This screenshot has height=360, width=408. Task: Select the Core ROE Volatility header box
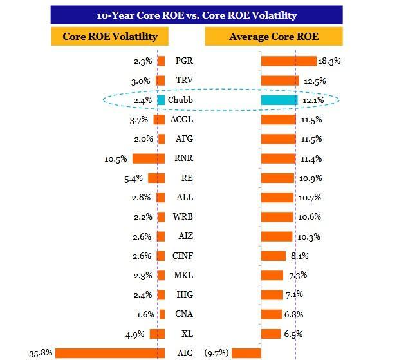point(110,37)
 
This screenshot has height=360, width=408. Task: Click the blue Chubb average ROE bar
point(279,100)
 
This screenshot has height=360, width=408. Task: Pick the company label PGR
point(183,61)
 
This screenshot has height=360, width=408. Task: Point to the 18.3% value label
point(329,61)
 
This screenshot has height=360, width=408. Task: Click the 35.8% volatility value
point(40,353)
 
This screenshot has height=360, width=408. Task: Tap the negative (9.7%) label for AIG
point(216,353)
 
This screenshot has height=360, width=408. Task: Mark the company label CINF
point(183,256)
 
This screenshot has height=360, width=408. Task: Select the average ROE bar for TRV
point(280,81)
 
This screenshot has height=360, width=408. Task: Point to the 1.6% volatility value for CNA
point(145,314)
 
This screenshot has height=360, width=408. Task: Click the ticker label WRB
point(183,217)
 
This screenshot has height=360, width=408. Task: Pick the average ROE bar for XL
point(271,334)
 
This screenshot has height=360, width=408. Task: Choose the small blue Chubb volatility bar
point(161,100)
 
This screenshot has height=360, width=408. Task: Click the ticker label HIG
point(183,295)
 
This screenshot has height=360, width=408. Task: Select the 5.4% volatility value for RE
point(135,178)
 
